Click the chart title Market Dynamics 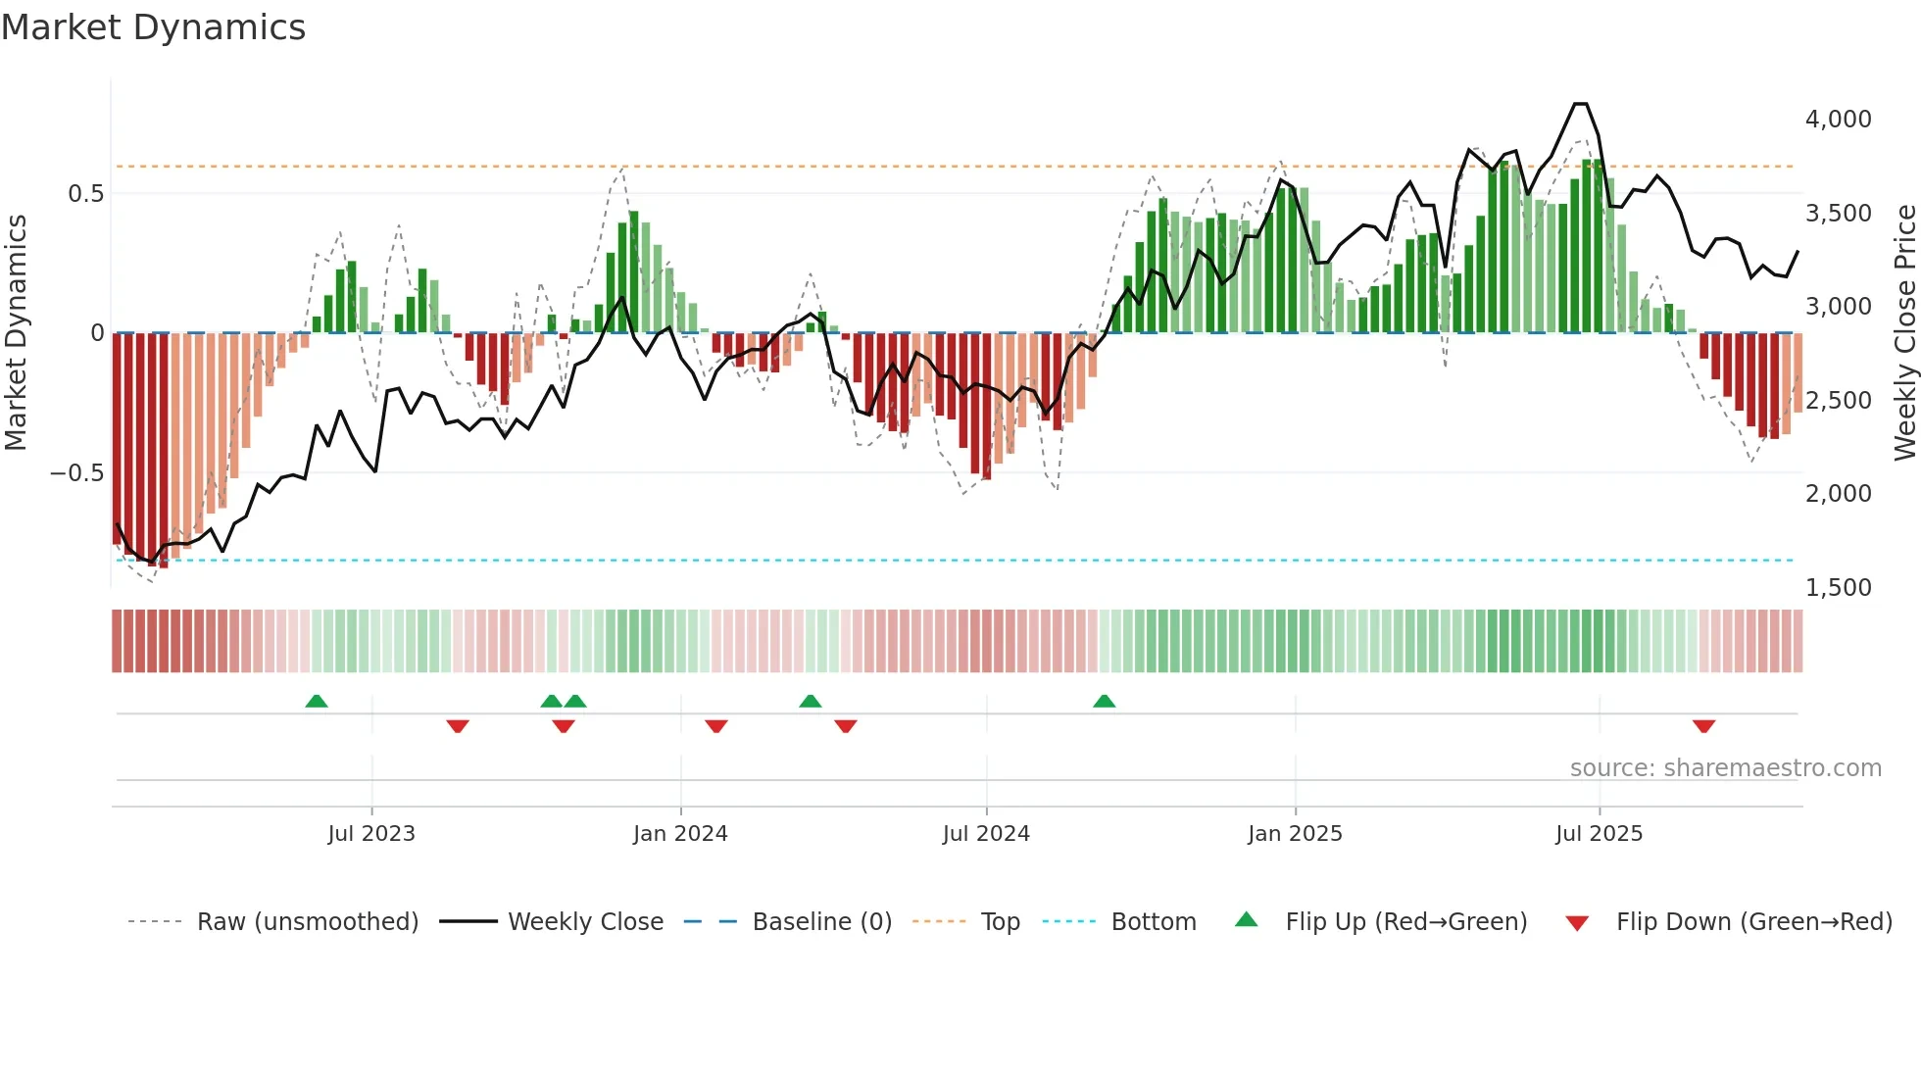[x=153, y=27]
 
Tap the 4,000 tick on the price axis [x=1838, y=120]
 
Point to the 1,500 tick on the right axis [x=1838, y=588]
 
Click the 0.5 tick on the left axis [x=85, y=194]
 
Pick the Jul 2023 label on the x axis [x=371, y=834]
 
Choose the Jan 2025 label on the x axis [x=1295, y=834]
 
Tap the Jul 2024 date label [x=986, y=834]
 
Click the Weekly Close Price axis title [x=1904, y=333]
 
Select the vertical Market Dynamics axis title [x=16, y=333]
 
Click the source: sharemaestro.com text [x=1725, y=768]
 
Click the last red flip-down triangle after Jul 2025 [x=1703, y=726]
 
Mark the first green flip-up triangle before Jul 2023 [x=317, y=701]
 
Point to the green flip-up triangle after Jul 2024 [x=1105, y=701]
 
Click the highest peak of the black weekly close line [x=1580, y=104]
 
